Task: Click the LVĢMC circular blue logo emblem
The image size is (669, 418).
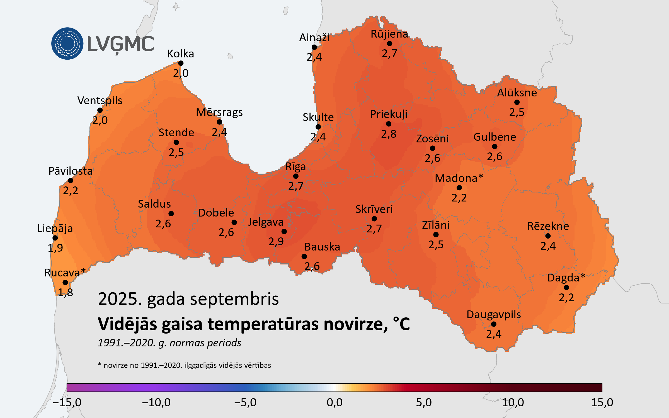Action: click(x=67, y=43)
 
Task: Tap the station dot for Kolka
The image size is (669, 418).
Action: click(x=181, y=63)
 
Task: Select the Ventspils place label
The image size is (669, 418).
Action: click(x=100, y=101)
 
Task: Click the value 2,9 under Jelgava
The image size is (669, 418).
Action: click(x=276, y=241)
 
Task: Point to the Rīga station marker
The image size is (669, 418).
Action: click(x=296, y=176)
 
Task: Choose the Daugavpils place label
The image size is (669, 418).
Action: click(x=494, y=315)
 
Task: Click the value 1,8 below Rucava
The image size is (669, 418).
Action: click(x=66, y=292)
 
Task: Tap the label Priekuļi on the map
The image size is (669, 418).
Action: click(x=389, y=114)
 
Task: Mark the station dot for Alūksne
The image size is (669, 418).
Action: click(x=517, y=102)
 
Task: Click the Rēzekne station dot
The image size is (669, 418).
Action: click(x=548, y=236)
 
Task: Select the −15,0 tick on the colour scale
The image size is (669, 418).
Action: click(x=67, y=402)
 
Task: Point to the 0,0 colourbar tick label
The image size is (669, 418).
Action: click(x=334, y=402)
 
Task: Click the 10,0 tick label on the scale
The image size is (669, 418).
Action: click(x=513, y=402)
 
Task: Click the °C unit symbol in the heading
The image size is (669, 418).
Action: click(x=401, y=324)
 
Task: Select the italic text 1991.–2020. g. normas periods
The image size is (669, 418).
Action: click(x=169, y=343)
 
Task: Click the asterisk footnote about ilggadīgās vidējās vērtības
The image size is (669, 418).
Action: click(x=184, y=365)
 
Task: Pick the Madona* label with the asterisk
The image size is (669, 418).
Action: click(x=459, y=178)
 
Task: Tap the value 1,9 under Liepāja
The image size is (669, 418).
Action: click(x=55, y=248)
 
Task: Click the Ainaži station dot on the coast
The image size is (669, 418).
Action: click(x=314, y=47)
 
